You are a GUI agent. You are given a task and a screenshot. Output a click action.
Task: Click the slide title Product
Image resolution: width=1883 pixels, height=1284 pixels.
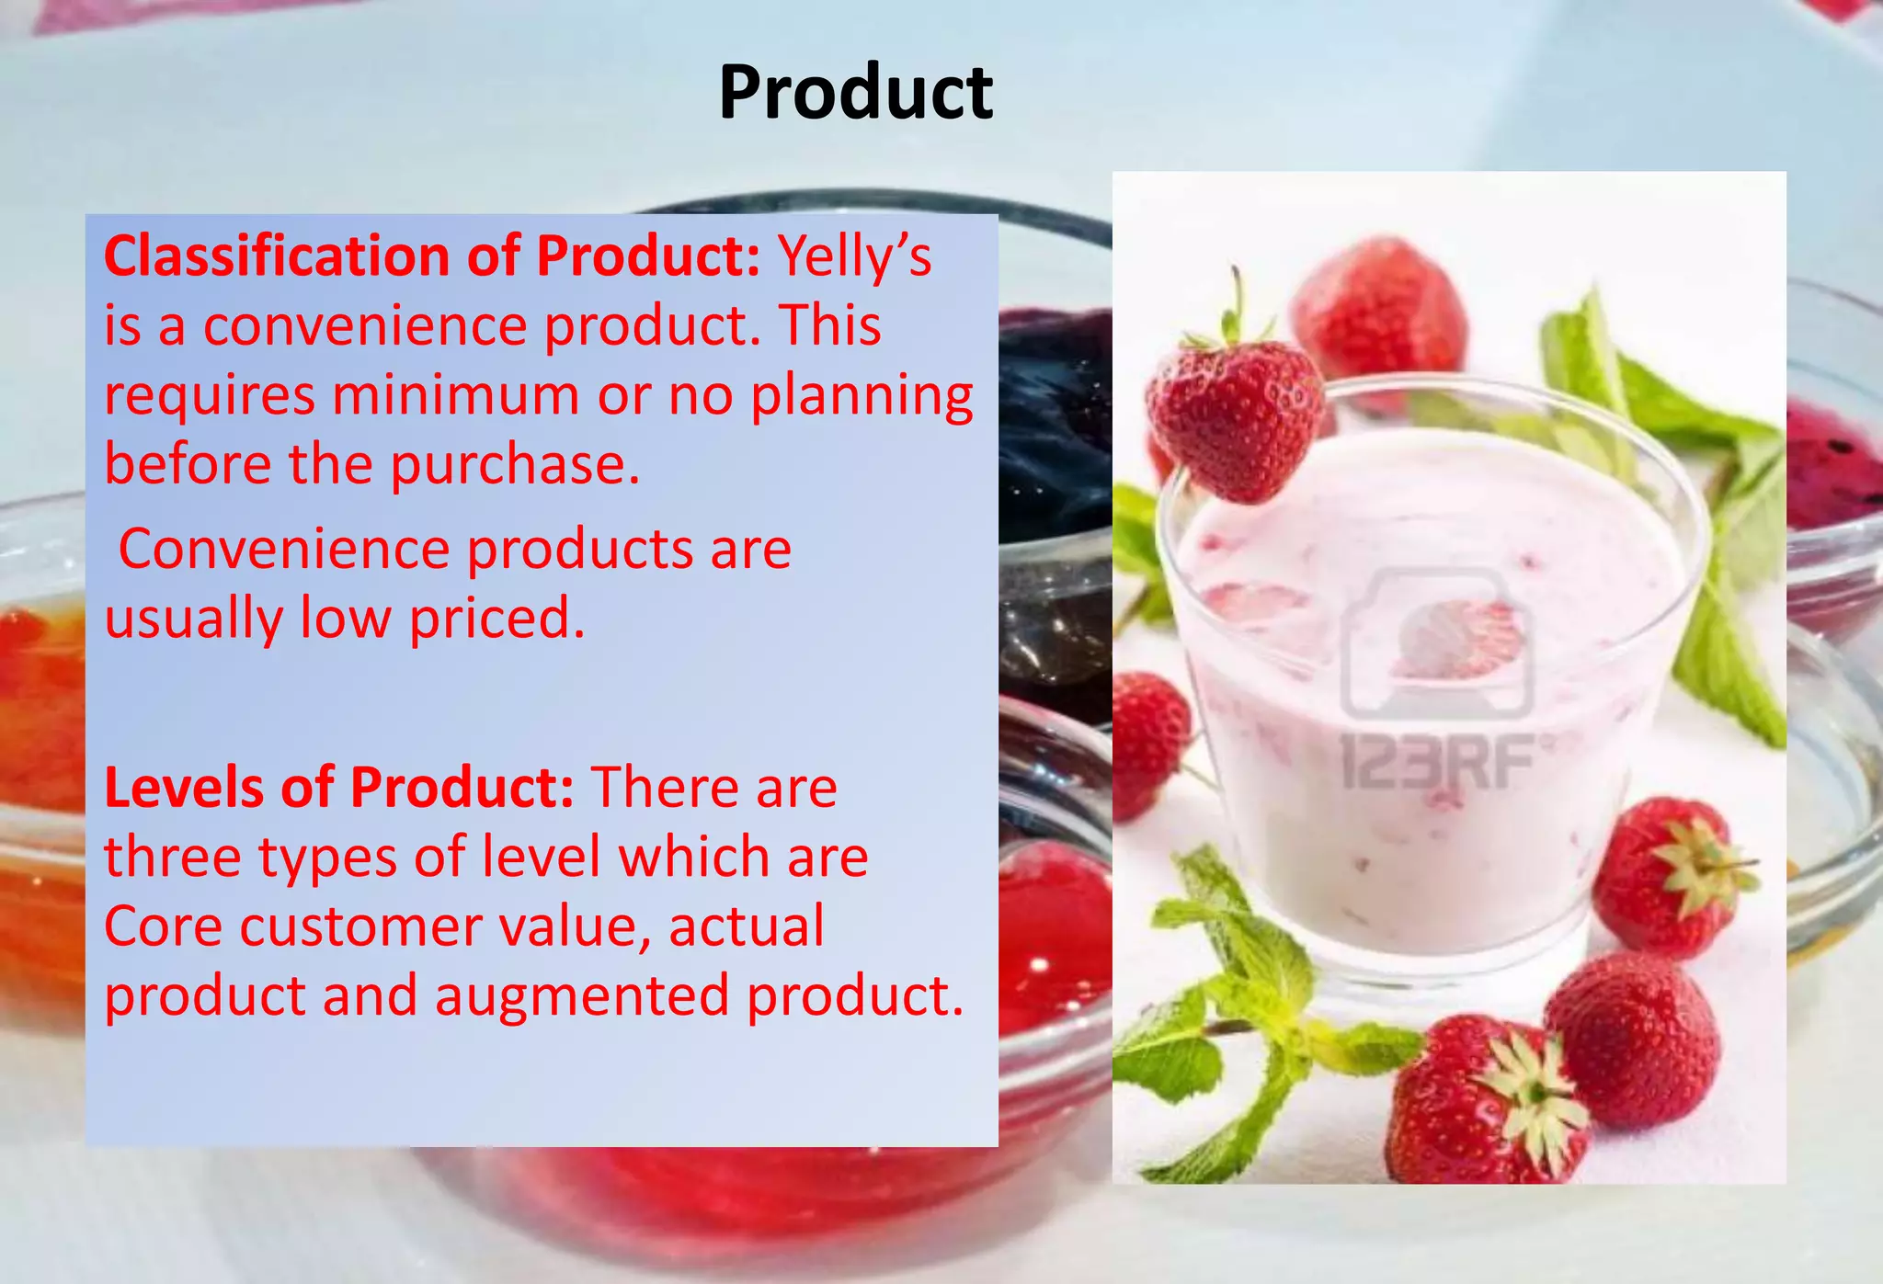pyautogui.click(x=855, y=93)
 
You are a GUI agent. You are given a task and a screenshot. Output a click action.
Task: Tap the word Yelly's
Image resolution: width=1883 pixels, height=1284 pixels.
pyautogui.click(x=855, y=257)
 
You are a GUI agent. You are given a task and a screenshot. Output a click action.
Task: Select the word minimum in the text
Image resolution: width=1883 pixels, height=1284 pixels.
pyautogui.click(x=456, y=395)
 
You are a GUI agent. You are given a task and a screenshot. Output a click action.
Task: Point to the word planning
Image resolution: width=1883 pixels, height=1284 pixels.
pyautogui.click(x=862, y=397)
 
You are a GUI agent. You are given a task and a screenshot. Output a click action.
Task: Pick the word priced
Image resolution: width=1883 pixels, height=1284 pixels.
pyautogui.click(x=496, y=619)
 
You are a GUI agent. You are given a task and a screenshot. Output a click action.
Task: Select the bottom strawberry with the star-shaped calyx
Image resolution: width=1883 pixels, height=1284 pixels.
pyautogui.click(x=1489, y=1103)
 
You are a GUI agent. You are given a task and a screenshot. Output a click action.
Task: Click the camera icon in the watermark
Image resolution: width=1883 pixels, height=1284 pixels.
pyautogui.click(x=1436, y=643)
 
